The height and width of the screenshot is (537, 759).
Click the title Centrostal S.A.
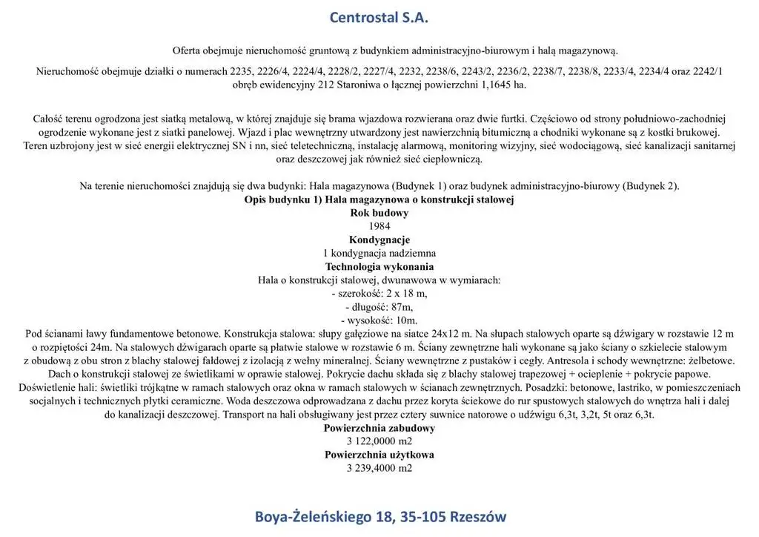[379, 17]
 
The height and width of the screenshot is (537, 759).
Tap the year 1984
[379, 226]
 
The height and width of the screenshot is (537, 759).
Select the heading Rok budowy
[379, 213]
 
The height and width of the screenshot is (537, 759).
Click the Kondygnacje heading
[379, 240]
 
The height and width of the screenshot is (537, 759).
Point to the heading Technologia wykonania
[379, 266]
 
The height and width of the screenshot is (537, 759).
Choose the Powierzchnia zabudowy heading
[379, 428]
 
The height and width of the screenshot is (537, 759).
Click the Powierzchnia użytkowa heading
[379, 455]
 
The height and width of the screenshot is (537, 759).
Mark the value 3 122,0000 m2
[379, 441]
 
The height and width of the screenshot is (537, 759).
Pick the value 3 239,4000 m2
[379, 468]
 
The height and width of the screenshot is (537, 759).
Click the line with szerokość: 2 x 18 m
[379, 293]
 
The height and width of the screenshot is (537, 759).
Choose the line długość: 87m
[379, 306]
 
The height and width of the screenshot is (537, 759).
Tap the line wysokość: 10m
[379, 320]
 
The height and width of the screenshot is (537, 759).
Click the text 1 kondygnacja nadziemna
[379, 253]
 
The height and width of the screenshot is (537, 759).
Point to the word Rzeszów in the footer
[478, 516]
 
